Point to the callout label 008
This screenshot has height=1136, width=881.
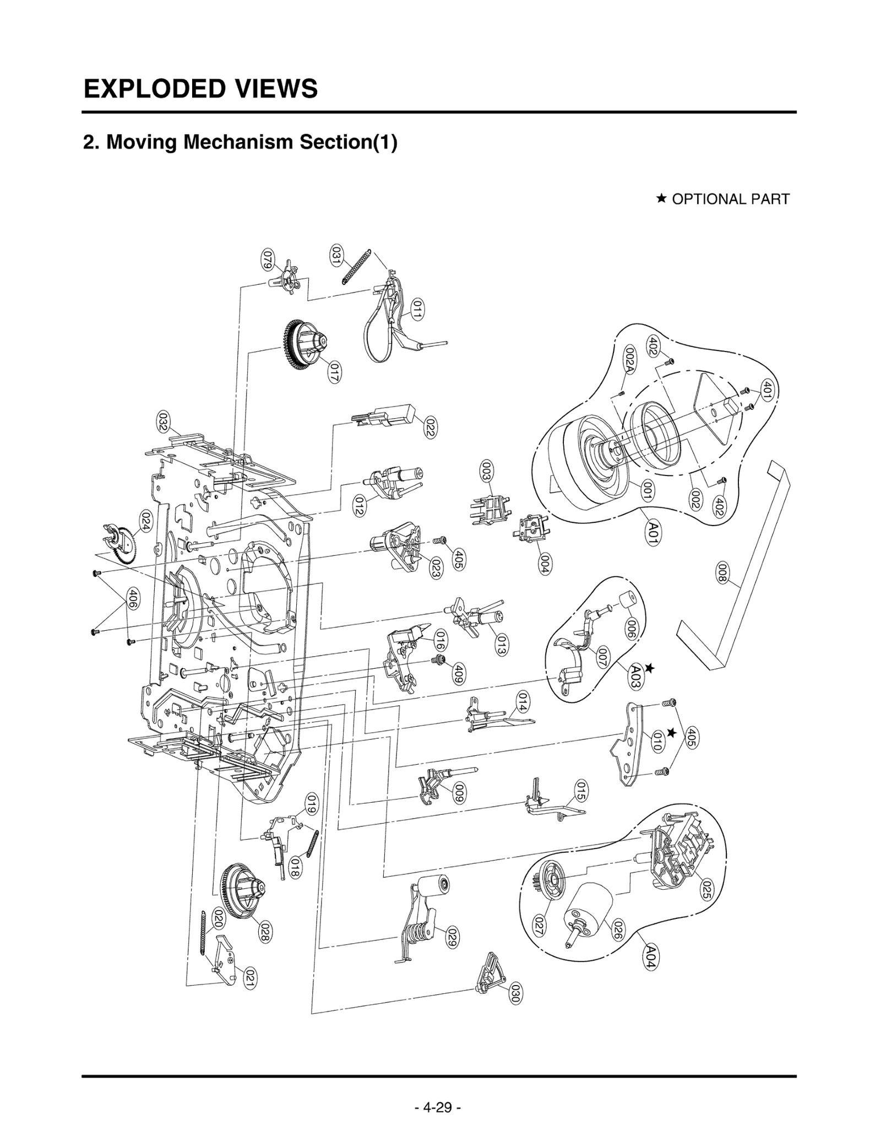point(722,572)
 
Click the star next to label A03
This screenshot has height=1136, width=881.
point(650,668)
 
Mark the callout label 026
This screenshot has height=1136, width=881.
point(618,930)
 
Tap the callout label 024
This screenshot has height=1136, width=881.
point(146,521)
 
